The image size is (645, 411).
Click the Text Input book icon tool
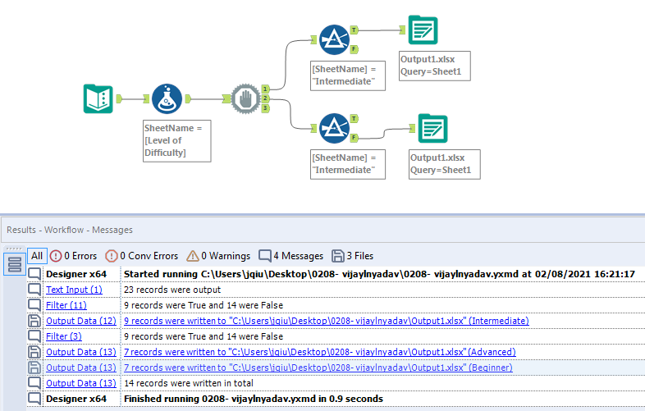(x=98, y=99)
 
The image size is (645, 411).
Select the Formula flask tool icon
(x=167, y=99)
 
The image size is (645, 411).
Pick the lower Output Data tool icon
(x=432, y=129)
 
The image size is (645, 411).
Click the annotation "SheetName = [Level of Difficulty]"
(x=176, y=139)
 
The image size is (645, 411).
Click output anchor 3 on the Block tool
(x=266, y=108)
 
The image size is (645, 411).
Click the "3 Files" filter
(x=353, y=255)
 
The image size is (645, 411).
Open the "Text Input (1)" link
(x=74, y=290)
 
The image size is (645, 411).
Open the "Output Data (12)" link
(x=80, y=321)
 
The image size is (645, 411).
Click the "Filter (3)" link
(x=63, y=336)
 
